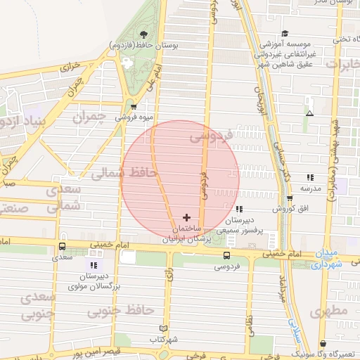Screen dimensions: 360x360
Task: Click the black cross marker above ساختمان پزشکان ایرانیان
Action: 186,217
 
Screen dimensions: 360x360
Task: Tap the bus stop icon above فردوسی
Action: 226,256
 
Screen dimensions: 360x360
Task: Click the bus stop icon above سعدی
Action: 63,247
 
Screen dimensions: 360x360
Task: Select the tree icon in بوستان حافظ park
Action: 143,34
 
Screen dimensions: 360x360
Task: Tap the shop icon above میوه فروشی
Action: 134,107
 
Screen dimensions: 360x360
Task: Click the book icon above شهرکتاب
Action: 164,328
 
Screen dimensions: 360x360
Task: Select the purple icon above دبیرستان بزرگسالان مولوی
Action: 93,265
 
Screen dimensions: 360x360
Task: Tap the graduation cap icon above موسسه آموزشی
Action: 285,33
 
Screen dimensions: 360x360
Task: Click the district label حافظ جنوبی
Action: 127,309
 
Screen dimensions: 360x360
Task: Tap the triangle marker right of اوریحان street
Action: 309,112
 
